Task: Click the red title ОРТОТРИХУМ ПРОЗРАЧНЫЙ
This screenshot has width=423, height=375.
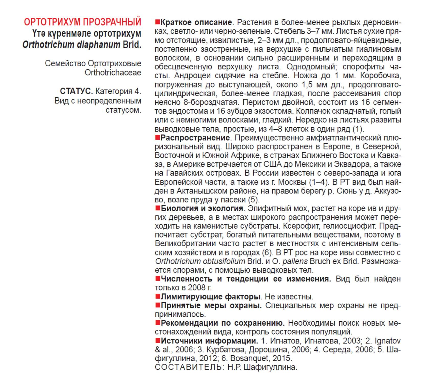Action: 82,22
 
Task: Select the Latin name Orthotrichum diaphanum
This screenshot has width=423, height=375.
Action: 71,45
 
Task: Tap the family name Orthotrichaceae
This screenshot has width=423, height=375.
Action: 113,72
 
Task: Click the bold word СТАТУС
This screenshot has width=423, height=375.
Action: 76,91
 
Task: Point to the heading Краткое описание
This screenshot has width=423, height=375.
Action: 196,23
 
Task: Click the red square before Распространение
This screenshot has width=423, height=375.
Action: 157,137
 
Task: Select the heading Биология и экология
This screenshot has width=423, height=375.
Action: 202,208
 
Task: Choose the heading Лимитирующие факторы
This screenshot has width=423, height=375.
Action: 211,297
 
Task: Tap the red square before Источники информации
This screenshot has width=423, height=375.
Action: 157,340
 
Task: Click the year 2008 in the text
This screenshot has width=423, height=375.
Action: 197,287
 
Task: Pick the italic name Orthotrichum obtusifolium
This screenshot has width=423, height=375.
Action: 200,261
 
